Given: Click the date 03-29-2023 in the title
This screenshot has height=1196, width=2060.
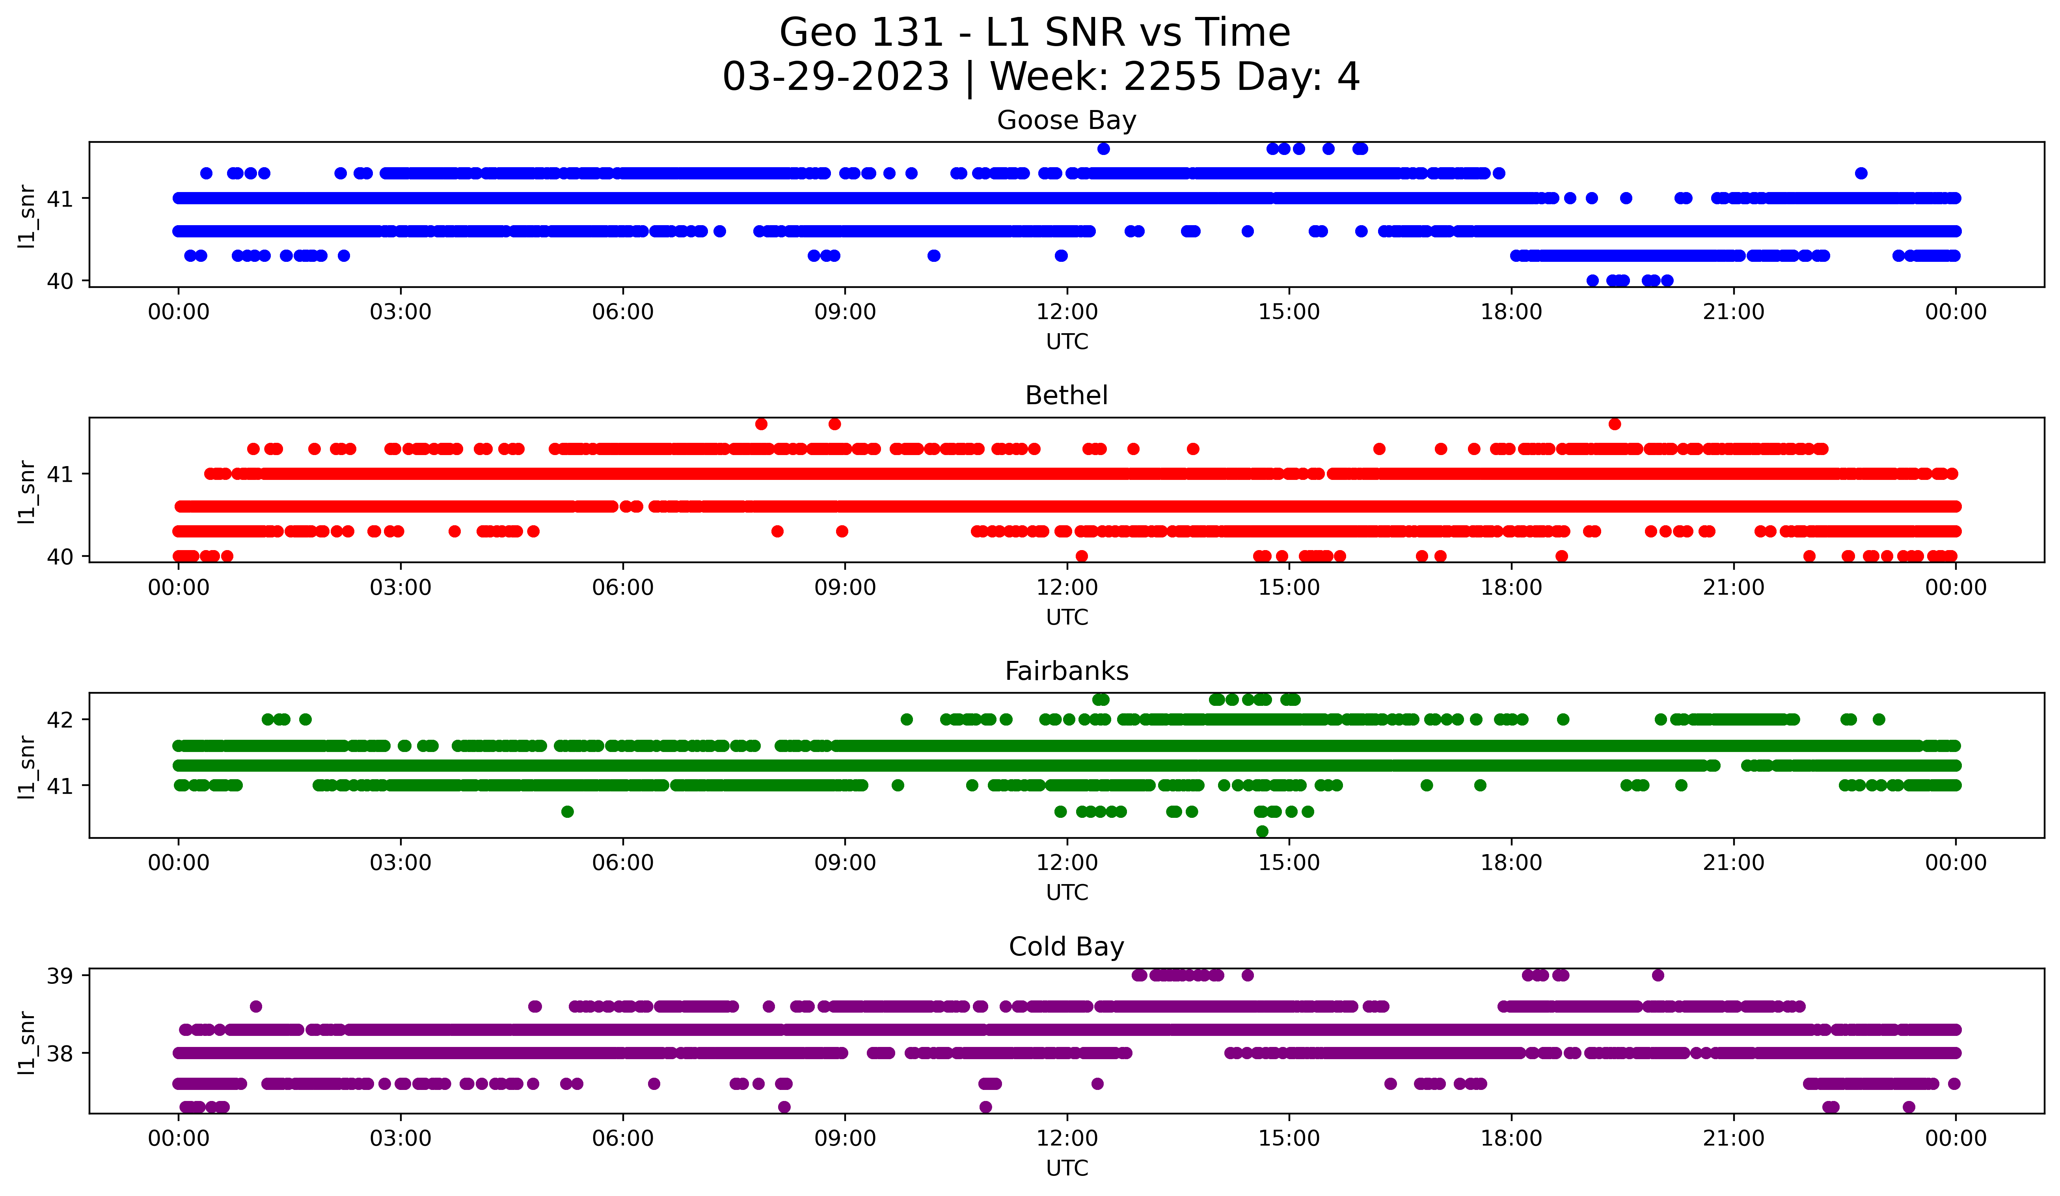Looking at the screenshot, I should click(x=835, y=77).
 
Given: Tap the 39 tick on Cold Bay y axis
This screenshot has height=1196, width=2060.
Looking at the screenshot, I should click(x=60, y=975).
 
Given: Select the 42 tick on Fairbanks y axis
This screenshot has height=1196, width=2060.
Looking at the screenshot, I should click(x=60, y=719).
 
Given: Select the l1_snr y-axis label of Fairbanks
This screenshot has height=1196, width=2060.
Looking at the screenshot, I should click(x=27, y=766).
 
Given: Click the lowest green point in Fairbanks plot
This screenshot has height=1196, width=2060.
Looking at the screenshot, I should click(x=1262, y=831).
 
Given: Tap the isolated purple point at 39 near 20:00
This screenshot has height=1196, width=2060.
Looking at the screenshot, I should click(x=1658, y=975).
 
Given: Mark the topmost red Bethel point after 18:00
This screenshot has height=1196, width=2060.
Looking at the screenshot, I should click(x=1615, y=424).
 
